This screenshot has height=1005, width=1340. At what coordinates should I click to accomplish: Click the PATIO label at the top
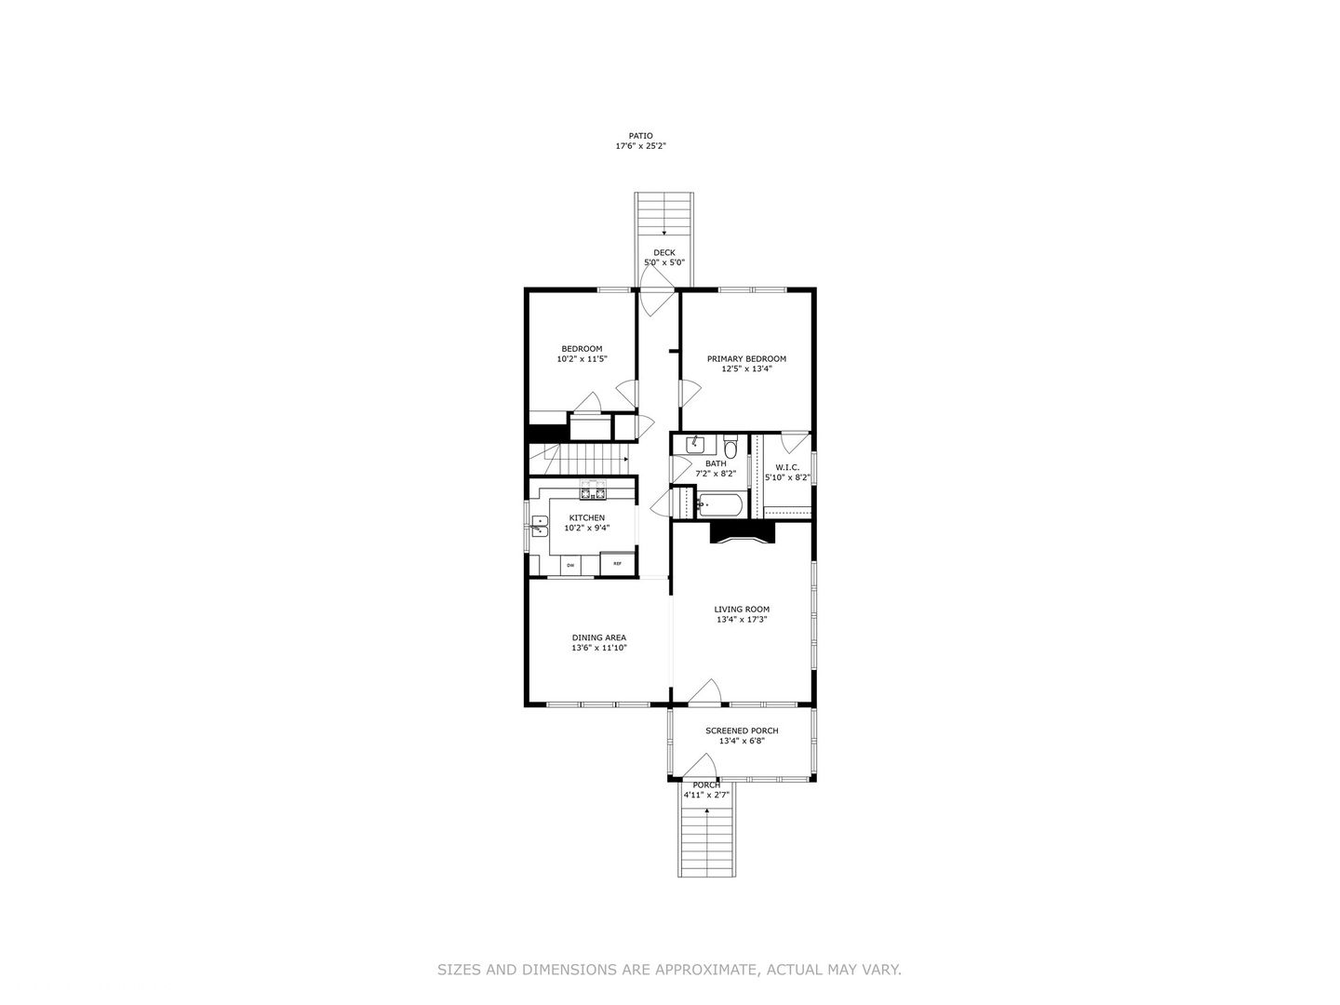(x=640, y=136)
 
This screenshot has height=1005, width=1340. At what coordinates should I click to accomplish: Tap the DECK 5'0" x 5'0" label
(x=664, y=258)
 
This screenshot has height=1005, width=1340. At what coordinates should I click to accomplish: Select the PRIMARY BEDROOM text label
(x=746, y=359)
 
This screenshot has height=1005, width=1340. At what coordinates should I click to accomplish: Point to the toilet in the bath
(x=730, y=448)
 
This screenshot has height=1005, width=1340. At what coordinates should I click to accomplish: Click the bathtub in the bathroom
(x=720, y=505)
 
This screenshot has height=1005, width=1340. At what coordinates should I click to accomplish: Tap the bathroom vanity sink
(x=694, y=445)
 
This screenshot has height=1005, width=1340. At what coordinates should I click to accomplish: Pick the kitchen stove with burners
(x=593, y=491)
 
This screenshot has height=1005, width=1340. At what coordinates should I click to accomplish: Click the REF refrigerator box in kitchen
(x=617, y=564)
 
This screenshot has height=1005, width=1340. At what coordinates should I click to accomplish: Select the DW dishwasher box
(x=569, y=565)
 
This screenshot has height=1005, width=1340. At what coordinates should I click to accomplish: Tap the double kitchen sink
(x=539, y=527)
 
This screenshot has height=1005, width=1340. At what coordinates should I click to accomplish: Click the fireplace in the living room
(x=742, y=532)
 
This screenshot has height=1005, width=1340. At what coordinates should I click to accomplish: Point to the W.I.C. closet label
(x=787, y=468)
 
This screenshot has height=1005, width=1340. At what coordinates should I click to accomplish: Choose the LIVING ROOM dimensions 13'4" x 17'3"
(x=742, y=620)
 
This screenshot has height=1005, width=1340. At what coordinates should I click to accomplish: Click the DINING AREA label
(x=598, y=638)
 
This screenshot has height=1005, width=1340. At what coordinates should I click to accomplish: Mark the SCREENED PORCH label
(x=742, y=731)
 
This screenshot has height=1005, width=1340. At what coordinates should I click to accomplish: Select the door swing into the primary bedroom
(x=690, y=393)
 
